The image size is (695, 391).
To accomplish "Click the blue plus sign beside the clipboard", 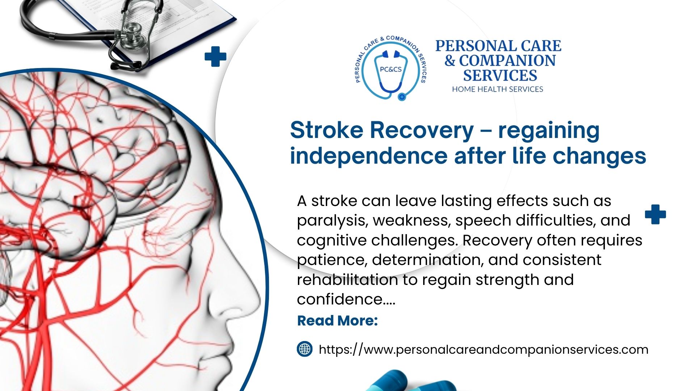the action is pos(215,56).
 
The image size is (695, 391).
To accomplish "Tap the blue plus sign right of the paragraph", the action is pos(656,214).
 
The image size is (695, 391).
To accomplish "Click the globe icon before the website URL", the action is pos(305,349).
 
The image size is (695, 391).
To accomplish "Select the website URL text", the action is pos(484,350).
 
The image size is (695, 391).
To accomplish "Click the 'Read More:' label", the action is pos(337,321).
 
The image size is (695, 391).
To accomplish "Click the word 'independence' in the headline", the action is pos(369,156).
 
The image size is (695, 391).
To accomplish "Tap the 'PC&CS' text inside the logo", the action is pos(391,69).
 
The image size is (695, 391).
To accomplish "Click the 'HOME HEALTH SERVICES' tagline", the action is pos(498,89).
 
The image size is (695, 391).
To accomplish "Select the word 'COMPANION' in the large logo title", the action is pos(507,61).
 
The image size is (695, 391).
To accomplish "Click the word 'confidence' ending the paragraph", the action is pos(340,299).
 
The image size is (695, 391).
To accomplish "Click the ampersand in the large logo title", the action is pos(450,61).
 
